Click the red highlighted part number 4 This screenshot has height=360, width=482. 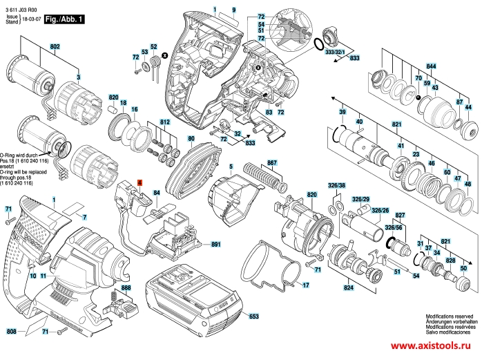point(139,182)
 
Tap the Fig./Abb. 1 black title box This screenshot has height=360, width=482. point(64,20)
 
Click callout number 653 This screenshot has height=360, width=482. point(253,316)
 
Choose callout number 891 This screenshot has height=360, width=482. point(215,245)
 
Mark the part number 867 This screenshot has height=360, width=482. point(271,163)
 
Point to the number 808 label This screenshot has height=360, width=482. point(11,332)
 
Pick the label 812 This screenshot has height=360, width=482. point(164,122)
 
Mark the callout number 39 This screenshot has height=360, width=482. point(342,113)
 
